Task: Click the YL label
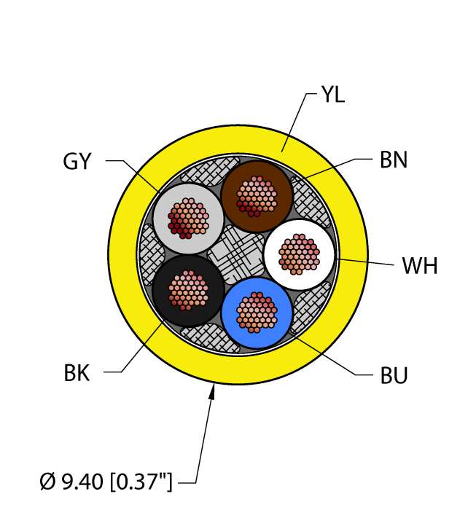(x=332, y=95)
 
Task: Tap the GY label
(x=77, y=161)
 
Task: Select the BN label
(x=394, y=160)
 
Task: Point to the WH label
(x=419, y=266)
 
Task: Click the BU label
(x=394, y=376)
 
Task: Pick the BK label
(x=77, y=374)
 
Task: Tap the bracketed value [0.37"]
(x=146, y=481)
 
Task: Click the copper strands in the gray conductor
(x=189, y=217)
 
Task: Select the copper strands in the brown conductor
(x=257, y=195)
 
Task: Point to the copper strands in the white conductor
(x=299, y=254)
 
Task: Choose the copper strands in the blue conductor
(x=257, y=312)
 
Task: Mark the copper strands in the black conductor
(x=188, y=289)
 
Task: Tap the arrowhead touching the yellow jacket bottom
(x=213, y=393)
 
